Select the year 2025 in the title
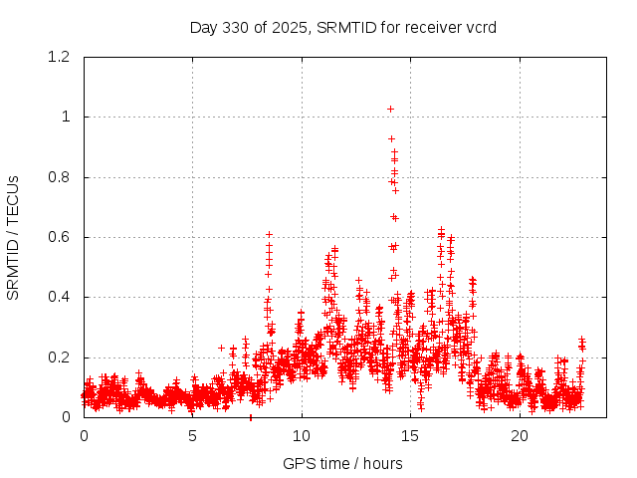[x=290, y=28]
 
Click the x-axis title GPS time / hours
[x=342, y=463]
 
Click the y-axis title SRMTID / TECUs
[x=13, y=237]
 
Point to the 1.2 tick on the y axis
[x=60, y=57]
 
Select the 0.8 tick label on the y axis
[x=60, y=177]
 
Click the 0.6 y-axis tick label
[x=60, y=237]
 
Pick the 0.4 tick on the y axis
[x=60, y=298]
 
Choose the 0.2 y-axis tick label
[x=60, y=358]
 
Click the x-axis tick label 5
[x=193, y=436]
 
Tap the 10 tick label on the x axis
[x=302, y=436]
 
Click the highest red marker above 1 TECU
[x=390, y=109]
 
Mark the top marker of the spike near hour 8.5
[x=269, y=234]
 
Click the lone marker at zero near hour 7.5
[x=250, y=417]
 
